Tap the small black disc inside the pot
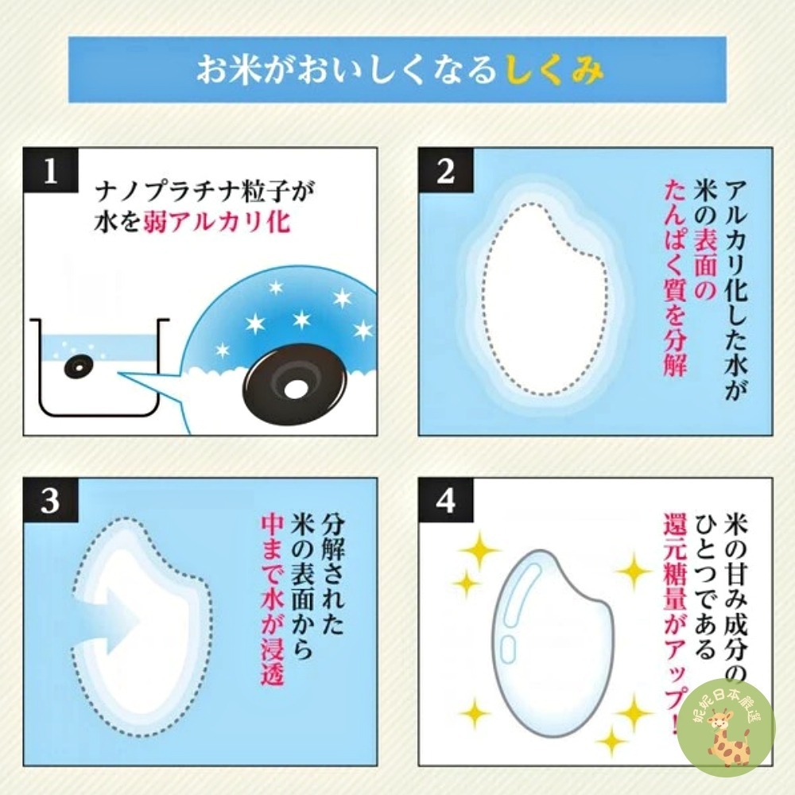click(x=79, y=366)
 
